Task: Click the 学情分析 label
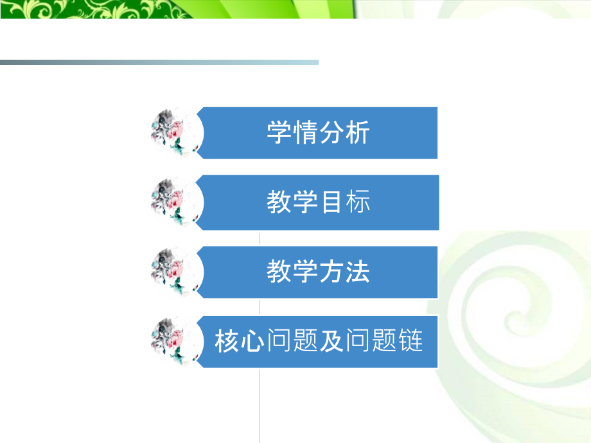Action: click(318, 134)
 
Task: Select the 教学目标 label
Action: click(318, 203)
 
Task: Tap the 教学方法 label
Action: click(318, 272)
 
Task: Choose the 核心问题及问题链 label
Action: click(319, 342)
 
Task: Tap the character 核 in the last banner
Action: click(227, 342)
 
